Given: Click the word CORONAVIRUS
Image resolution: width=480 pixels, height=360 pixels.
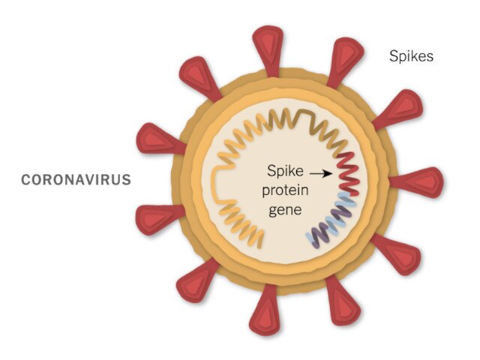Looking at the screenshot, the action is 76,180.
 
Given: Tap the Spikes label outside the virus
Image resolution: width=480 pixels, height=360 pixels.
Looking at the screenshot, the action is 411,56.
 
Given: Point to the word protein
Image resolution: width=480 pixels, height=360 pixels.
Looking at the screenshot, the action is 285,190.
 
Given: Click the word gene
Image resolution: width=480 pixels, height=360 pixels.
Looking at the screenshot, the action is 285,211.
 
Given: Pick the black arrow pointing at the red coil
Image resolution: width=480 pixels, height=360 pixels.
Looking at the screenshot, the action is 321,174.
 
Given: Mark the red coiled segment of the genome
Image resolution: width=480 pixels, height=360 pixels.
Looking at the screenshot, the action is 348,173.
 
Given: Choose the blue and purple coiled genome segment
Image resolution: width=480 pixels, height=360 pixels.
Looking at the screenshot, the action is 332,219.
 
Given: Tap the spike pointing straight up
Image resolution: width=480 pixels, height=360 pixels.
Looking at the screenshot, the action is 268,49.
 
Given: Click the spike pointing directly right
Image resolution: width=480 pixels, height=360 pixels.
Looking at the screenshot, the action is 417,182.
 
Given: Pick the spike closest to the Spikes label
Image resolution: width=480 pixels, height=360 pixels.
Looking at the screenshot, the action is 345,61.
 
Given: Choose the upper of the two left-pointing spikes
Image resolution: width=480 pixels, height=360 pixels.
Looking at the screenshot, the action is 160,139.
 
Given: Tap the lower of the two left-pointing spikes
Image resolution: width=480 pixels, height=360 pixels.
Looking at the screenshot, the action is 160,219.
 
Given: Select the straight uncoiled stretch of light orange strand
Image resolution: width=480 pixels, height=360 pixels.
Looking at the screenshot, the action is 217,184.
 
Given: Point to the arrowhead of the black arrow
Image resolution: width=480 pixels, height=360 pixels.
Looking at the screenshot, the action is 329,174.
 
